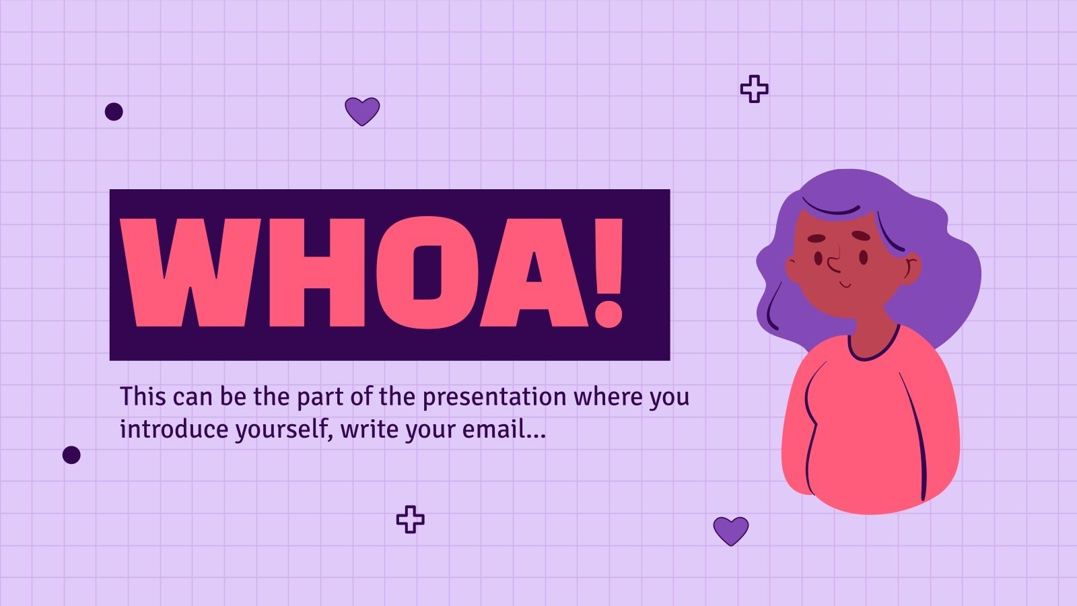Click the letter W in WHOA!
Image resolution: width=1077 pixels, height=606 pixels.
click(x=190, y=273)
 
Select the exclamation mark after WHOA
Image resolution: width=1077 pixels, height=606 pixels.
click(x=609, y=273)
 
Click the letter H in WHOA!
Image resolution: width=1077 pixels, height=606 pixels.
click(x=317, y=273)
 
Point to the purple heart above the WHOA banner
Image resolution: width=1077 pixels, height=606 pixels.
click(x=362, y=111)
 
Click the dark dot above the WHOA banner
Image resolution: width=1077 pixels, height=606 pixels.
click(x=114, y=112)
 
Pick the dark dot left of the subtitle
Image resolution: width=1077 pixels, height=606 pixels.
click(x=71, y=455)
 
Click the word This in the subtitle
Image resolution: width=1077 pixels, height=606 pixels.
click(x=143, y=397)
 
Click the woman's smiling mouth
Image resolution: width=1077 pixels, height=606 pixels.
click(x=845, y=285)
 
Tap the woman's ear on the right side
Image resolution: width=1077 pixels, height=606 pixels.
click(x=910, y=269)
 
